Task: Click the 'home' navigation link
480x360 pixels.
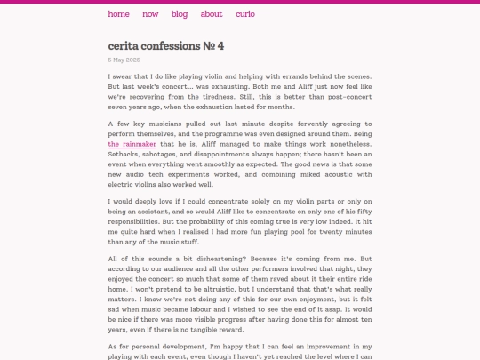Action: pos(118,14)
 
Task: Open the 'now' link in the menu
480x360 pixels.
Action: pos(150,14)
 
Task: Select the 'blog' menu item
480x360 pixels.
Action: pos(180,14)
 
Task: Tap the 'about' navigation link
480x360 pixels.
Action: pos(212,14)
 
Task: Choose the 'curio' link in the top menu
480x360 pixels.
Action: pos(245,14)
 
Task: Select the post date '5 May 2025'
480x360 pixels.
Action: pos(124,60)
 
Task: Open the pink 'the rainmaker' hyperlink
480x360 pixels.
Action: pos(132,143)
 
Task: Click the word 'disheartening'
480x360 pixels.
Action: pos(210,258)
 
